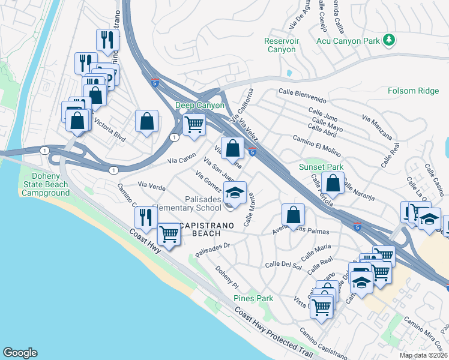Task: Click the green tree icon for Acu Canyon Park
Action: (x=390, y=40)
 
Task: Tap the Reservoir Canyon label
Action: (x=281, y=45)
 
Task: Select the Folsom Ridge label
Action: (x=414, y=91)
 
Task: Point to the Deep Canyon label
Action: (x=200, y=105)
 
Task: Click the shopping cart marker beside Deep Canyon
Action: (x=194, y=124)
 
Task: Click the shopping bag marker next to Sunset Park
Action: (x=333, y=182)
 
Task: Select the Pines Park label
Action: (x=253, y=298)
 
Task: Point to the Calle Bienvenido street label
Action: (x=302, y=95)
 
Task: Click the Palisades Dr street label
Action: (x=212, y=248)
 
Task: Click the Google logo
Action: (x=20, y=353)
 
